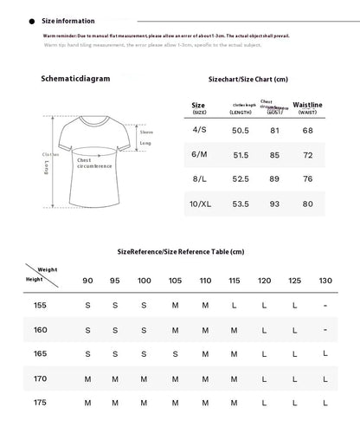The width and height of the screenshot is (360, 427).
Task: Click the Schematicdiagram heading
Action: pyautogui.click(x=76, y=78)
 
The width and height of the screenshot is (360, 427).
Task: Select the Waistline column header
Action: pyautogui.click(x=308, y=107)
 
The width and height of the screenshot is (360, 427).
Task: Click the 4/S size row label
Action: pyautogui.click(x=199, y=131)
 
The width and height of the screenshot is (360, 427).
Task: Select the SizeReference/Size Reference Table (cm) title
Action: pyautogui.click(x=181, y=250)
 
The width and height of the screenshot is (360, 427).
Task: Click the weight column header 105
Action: pyautogui.click(x=176, y=280)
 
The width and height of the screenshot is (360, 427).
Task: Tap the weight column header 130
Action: pyautogui.click(x=325, y=280)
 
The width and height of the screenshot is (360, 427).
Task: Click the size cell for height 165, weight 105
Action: pyautogui.click(x=176, y=353)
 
